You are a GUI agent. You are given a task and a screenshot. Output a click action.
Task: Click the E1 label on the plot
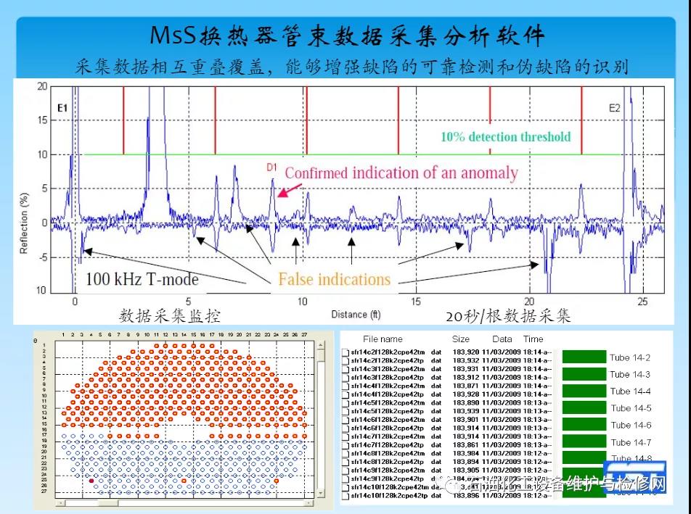pyautogui.click(x=62, y=108)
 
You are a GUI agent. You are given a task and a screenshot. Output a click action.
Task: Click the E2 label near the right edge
pyautogui.click(x=614, y=108)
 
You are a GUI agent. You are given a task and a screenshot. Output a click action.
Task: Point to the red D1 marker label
pyautogui.click(x=271, y=167)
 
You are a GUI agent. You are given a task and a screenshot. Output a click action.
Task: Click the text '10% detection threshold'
pyautogui.click(x=505, y=136)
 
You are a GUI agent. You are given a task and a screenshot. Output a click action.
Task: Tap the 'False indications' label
pyautogui.click(x=334, y=279)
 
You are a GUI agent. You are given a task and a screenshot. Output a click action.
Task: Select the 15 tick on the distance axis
pyautogui.click(x=416, y=302)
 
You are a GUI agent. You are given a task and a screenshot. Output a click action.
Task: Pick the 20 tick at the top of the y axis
pyautogui.click(x=43, y=86)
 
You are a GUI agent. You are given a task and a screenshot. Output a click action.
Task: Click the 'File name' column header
pyautogui.click(x=382, y=339)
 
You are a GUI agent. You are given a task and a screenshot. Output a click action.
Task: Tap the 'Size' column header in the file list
pyautogui.click(x=460, y=339)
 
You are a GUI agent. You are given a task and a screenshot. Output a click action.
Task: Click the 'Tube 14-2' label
pyautogui.click(x=629, y=357)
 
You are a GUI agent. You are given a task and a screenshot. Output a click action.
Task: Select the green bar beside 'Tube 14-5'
pyautogui.click(x=584, y=408)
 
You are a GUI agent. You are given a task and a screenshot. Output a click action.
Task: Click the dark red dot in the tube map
pyautogui.click(x=91, y=481)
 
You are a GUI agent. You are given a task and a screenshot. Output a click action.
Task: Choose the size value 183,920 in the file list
pyautogui.click(x=467, y=352)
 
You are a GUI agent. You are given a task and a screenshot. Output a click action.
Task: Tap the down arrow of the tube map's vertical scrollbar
pyautogui.click(x=320, y=493)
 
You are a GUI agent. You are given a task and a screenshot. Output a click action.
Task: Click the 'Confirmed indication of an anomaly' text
pyautogui.click(x=401, y=173)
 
